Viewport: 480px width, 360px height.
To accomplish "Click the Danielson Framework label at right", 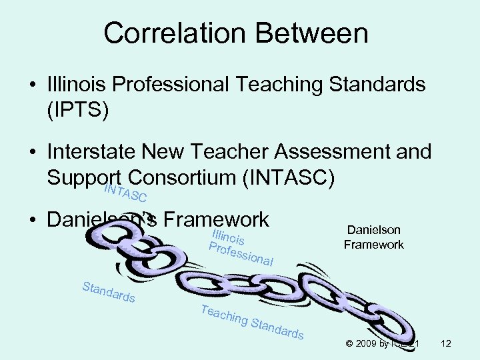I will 373,237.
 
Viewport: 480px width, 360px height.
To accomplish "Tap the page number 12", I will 446,344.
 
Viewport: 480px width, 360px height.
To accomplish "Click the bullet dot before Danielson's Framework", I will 32,219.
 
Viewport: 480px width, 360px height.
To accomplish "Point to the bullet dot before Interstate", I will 32,153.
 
